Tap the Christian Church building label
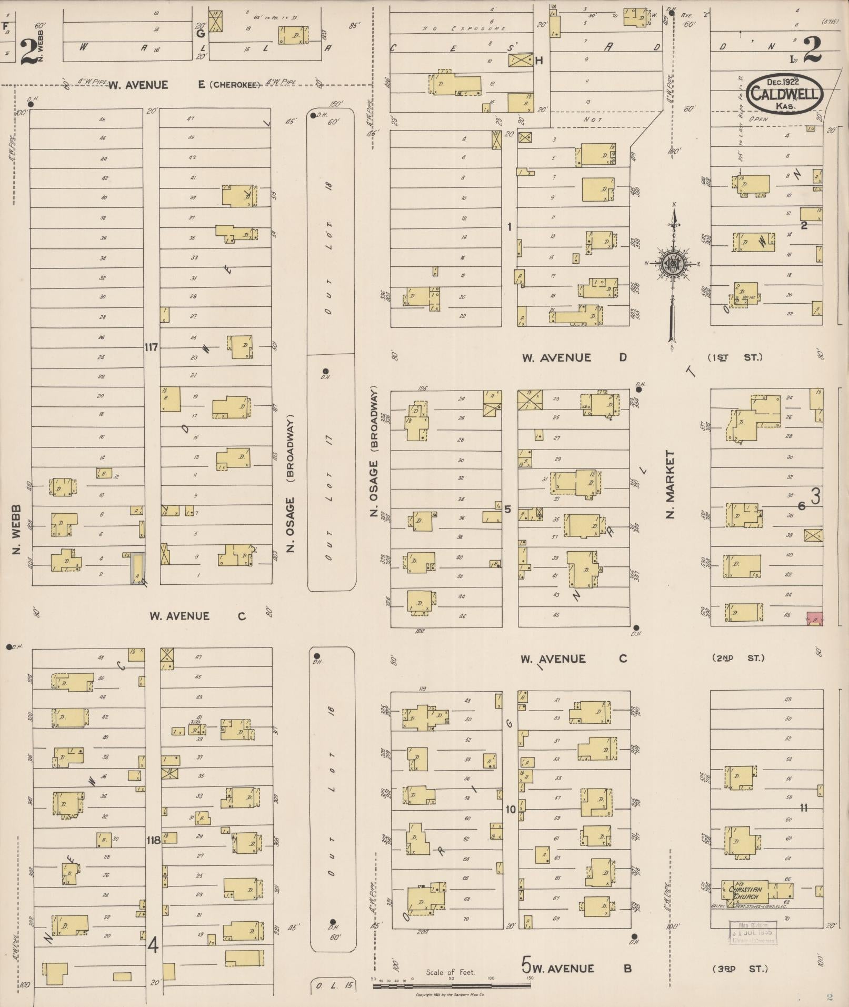[x=744, y=893]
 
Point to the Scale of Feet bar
[x=452, y=984]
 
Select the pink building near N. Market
[x=815, y=619]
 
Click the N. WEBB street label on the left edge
[x=16, y=529]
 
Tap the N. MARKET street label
[x=671, y=484]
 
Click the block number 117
[x=152, y=347]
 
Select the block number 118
[x=153, y=840]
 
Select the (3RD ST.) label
[x=740, y=969]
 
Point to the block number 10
[x=511, y=810]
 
